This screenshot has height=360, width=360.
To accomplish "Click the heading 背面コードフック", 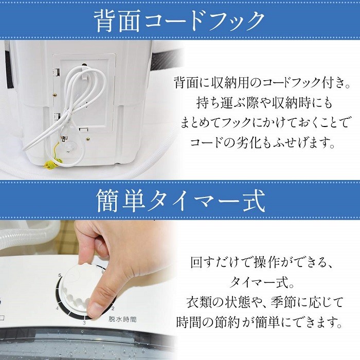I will click(179, 21).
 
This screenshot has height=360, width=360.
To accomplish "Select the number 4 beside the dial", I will click(57, 308).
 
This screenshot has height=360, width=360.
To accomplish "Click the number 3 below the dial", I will click(84, 322).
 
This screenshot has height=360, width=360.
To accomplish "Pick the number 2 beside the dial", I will click(113, 308).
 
